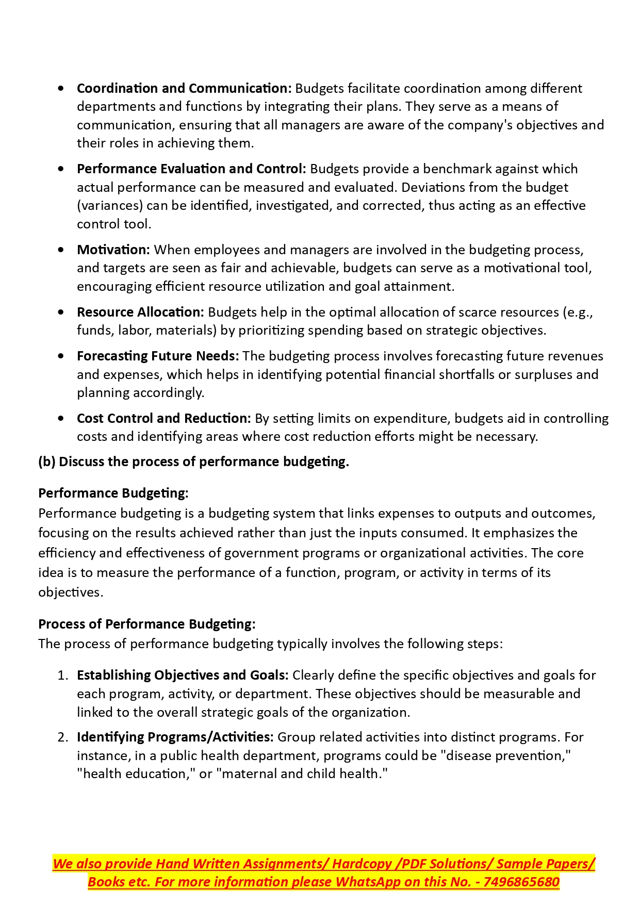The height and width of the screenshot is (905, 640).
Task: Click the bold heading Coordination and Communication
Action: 184,88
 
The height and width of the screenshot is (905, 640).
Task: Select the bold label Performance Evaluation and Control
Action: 191,169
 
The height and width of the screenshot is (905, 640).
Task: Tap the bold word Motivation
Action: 113,250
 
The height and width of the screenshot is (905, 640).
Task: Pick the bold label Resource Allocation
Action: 140,312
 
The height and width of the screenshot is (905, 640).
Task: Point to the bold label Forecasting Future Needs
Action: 158,356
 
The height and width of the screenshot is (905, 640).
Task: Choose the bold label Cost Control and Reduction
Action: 163,418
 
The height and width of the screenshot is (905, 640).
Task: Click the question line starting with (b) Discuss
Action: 193,462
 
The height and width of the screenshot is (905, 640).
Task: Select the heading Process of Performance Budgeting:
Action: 146,624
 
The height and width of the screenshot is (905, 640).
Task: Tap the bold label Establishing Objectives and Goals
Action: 183,675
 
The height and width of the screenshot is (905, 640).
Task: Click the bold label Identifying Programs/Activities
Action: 175,737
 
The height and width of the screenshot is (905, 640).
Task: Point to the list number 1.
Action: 62,676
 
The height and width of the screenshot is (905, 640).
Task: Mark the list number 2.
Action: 62,737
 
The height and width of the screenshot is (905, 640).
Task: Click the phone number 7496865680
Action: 521,882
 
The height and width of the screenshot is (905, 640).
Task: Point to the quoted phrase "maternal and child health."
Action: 304,774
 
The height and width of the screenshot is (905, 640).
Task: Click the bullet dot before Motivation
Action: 61,250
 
